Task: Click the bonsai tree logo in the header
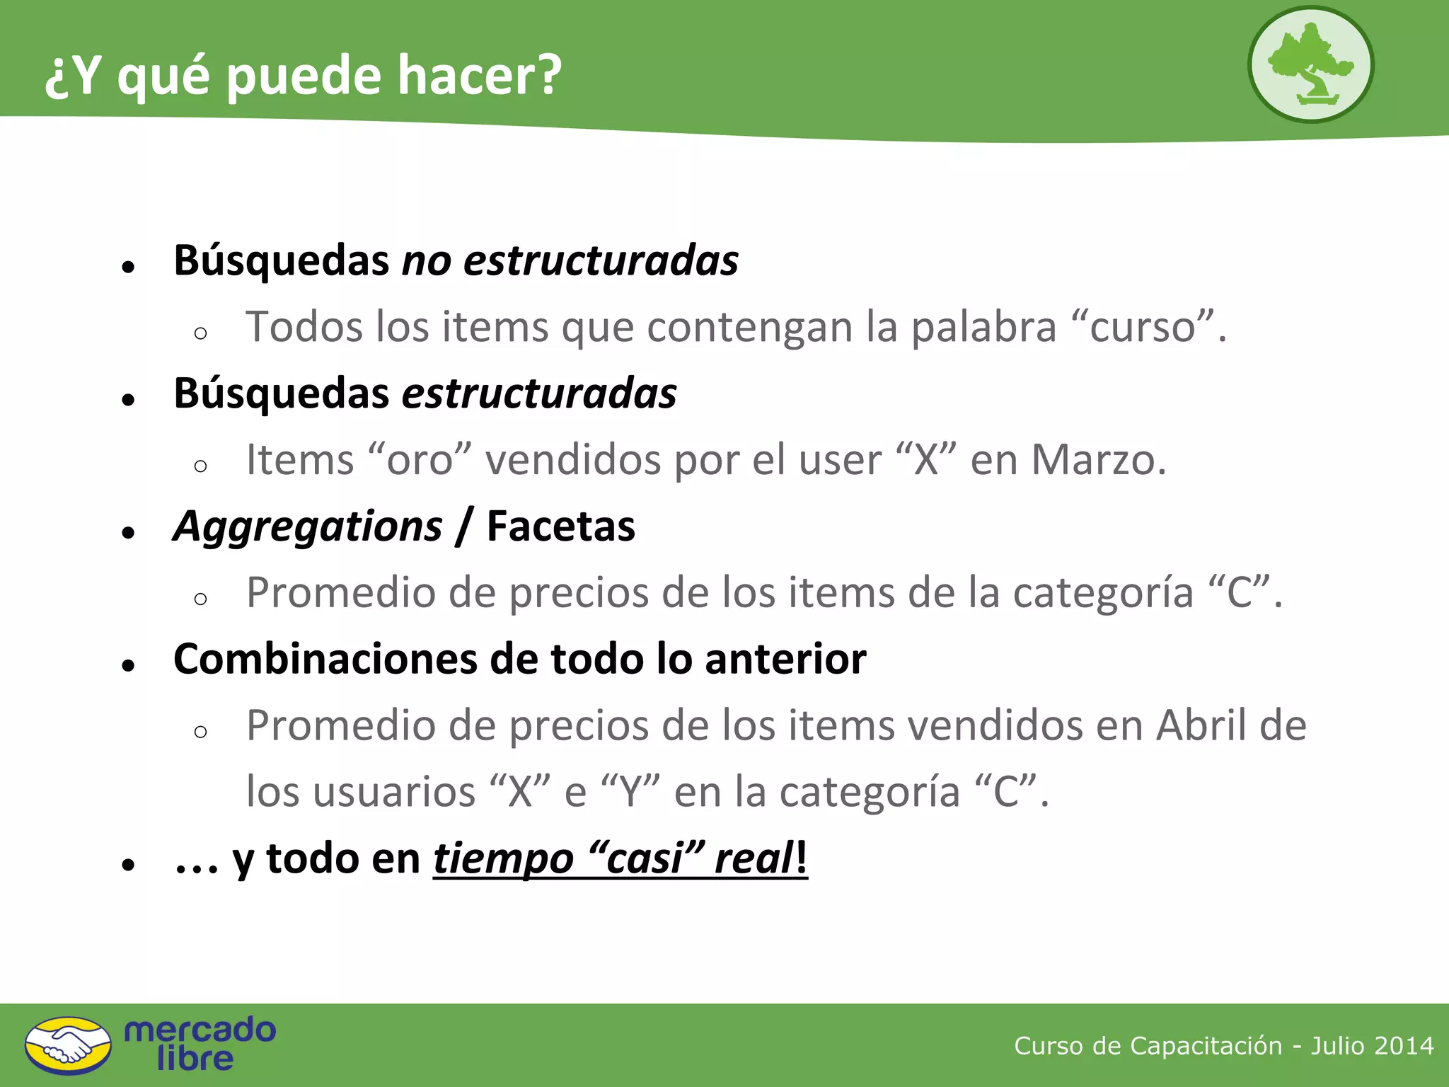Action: pos(1310,64)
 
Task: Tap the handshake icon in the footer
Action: pos(68,1045)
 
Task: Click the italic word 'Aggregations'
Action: pos(308,527)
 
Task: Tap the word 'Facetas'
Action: pos(561,527)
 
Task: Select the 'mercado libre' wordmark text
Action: pos(200,1044)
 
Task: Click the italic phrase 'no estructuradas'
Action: pos(570,260)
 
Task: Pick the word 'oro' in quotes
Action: pos(420,460)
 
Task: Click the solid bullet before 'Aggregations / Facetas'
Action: pos(128,532)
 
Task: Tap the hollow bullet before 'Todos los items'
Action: pos(200,333)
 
